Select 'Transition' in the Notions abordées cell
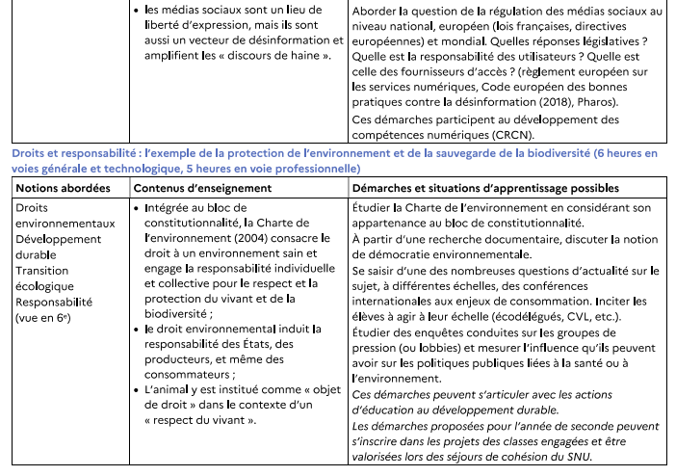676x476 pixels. point(41,271)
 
